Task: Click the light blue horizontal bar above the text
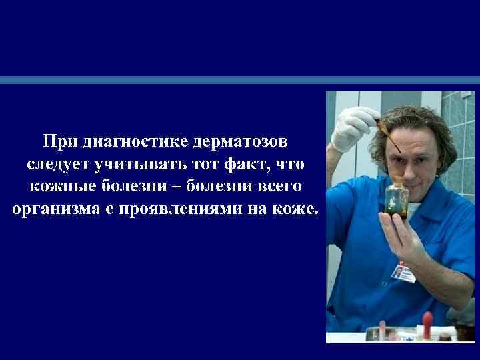(x=240, y=79)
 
